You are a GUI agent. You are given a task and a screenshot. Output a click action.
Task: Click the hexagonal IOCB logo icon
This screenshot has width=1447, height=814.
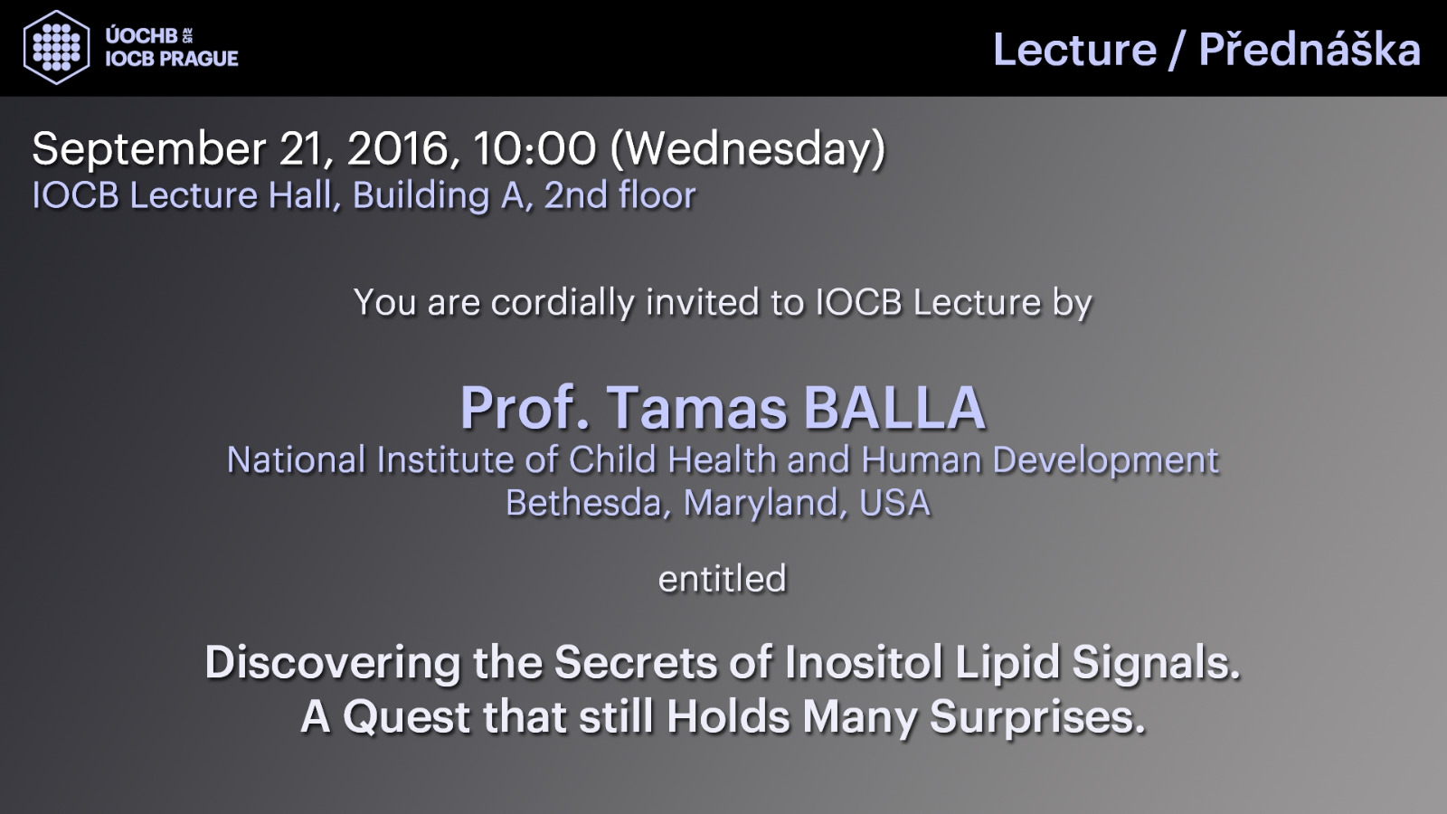tap(56, 47)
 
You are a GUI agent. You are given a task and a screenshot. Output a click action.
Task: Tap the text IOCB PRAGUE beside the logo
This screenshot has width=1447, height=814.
tap(172, 59)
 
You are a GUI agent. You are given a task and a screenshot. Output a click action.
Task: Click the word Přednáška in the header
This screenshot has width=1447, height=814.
tap(1310, 49)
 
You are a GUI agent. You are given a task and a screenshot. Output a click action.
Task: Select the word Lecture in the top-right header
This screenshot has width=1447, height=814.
tap(1075, 50)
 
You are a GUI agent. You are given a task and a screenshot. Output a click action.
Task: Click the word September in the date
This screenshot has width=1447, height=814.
tap(149, 150)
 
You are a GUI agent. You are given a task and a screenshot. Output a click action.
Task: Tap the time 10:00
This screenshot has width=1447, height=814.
tap(534, 149)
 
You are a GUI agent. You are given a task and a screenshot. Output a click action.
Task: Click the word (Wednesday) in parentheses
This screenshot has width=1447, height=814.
tap(747, 150)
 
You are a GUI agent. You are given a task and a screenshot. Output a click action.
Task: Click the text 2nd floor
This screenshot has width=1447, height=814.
tap(620, 195)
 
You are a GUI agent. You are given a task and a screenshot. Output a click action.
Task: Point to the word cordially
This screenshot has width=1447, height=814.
tap(563, 303)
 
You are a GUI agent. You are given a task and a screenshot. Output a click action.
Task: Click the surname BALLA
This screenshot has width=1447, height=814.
tap(894, 408)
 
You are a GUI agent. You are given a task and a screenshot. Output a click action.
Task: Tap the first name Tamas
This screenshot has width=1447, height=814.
tap(696, 408)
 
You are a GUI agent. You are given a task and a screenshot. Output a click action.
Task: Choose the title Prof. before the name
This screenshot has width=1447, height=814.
tap(525, 408)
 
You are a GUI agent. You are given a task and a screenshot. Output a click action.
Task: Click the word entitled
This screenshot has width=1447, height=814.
tap(723, 578)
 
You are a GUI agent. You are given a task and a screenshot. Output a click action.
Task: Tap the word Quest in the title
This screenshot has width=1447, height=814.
tap(407, 717)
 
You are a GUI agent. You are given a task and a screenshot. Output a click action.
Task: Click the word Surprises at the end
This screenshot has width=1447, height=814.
tap(1036, 718)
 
